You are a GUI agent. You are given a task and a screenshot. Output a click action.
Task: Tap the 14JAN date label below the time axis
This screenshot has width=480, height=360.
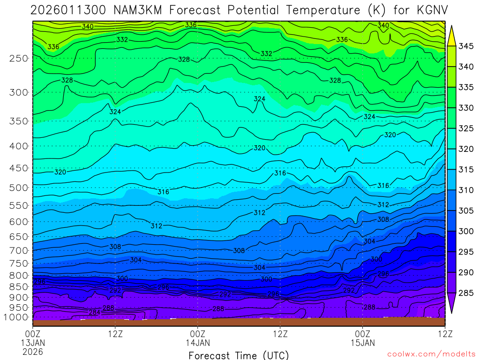pos(197,343)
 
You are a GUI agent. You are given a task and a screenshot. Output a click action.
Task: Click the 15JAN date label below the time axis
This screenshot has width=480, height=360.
pos(362,343)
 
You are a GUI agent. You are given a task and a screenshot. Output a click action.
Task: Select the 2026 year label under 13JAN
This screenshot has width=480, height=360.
pos(32,351)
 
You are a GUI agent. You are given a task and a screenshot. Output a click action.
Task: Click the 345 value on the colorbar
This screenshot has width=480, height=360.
pos(466,46)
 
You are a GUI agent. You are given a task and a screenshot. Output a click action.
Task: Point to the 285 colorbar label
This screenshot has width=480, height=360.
pos(466,293)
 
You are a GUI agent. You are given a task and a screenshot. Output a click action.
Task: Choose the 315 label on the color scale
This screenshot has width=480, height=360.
pos(466,170)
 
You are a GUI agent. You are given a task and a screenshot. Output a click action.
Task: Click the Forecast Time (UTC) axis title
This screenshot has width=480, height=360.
pos(239,355)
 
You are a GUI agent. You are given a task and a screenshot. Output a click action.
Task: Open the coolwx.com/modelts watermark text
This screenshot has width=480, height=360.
pos(431,354)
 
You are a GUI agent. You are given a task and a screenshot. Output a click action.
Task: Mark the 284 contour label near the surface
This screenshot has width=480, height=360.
pos(94,312)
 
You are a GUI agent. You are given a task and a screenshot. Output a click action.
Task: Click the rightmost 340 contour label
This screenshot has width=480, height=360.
pos(383,25)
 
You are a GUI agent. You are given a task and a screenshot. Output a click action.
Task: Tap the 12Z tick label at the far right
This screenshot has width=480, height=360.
pos(444,334)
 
